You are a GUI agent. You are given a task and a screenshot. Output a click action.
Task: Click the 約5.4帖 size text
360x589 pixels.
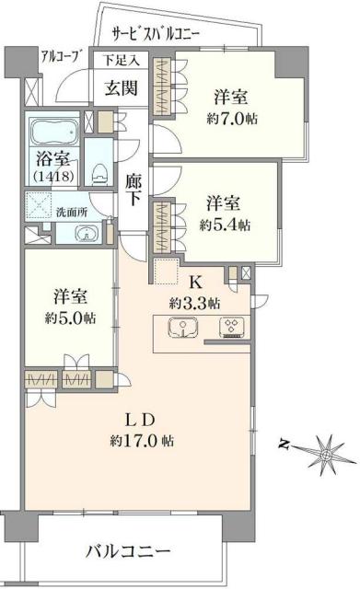click(226, 225)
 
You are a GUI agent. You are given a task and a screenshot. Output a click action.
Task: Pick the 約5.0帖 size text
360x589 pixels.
click(70, 318)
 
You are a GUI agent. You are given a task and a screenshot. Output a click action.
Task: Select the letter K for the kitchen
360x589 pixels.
click(194, 283)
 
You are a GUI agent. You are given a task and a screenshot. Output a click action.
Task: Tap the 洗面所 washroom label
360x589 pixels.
click(72, 211)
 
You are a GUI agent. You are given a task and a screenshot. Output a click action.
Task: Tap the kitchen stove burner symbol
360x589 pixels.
click(230, 326)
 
